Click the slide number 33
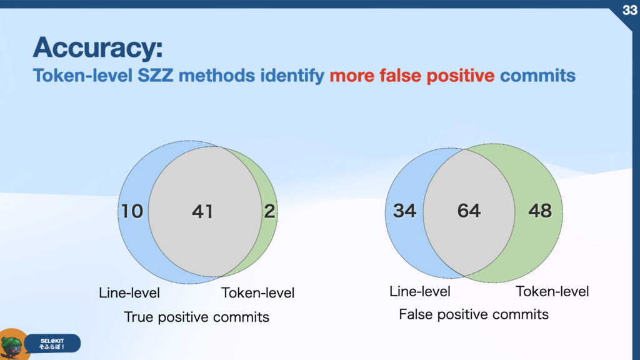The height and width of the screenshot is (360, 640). (x=630, y=10)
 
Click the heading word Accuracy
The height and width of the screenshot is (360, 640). (x=98, y=47)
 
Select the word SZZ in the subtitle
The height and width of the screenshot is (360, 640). (x=155, y=76)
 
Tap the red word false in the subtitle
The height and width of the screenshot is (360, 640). (x=400, y=76)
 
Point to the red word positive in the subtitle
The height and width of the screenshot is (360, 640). (x=461, y=76)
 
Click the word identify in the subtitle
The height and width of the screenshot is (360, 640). (x=292, y=76)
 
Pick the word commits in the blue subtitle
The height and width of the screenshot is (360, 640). (x=537, y=76)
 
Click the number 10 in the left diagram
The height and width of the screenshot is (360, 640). (x=132, y=211)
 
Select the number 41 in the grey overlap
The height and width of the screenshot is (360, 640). (x=202, y=211)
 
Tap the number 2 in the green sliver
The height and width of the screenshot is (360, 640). (x=269, y=211)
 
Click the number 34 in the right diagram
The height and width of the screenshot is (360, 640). (x=404, y=211)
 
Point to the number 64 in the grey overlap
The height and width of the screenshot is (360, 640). (x=469, y=211)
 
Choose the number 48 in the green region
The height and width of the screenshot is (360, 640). (x=540, y=211)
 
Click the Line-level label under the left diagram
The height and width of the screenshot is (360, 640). (x=129, y=292)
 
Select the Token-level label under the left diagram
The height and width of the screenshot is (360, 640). (x=257, y=292)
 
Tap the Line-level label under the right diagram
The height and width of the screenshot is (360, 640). (x=420, y=291)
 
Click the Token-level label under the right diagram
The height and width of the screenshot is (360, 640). (x=552, y=291)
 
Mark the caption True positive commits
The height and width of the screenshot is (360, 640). (x=196, y=317)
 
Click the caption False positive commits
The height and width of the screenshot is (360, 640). (x=474, y=315)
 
